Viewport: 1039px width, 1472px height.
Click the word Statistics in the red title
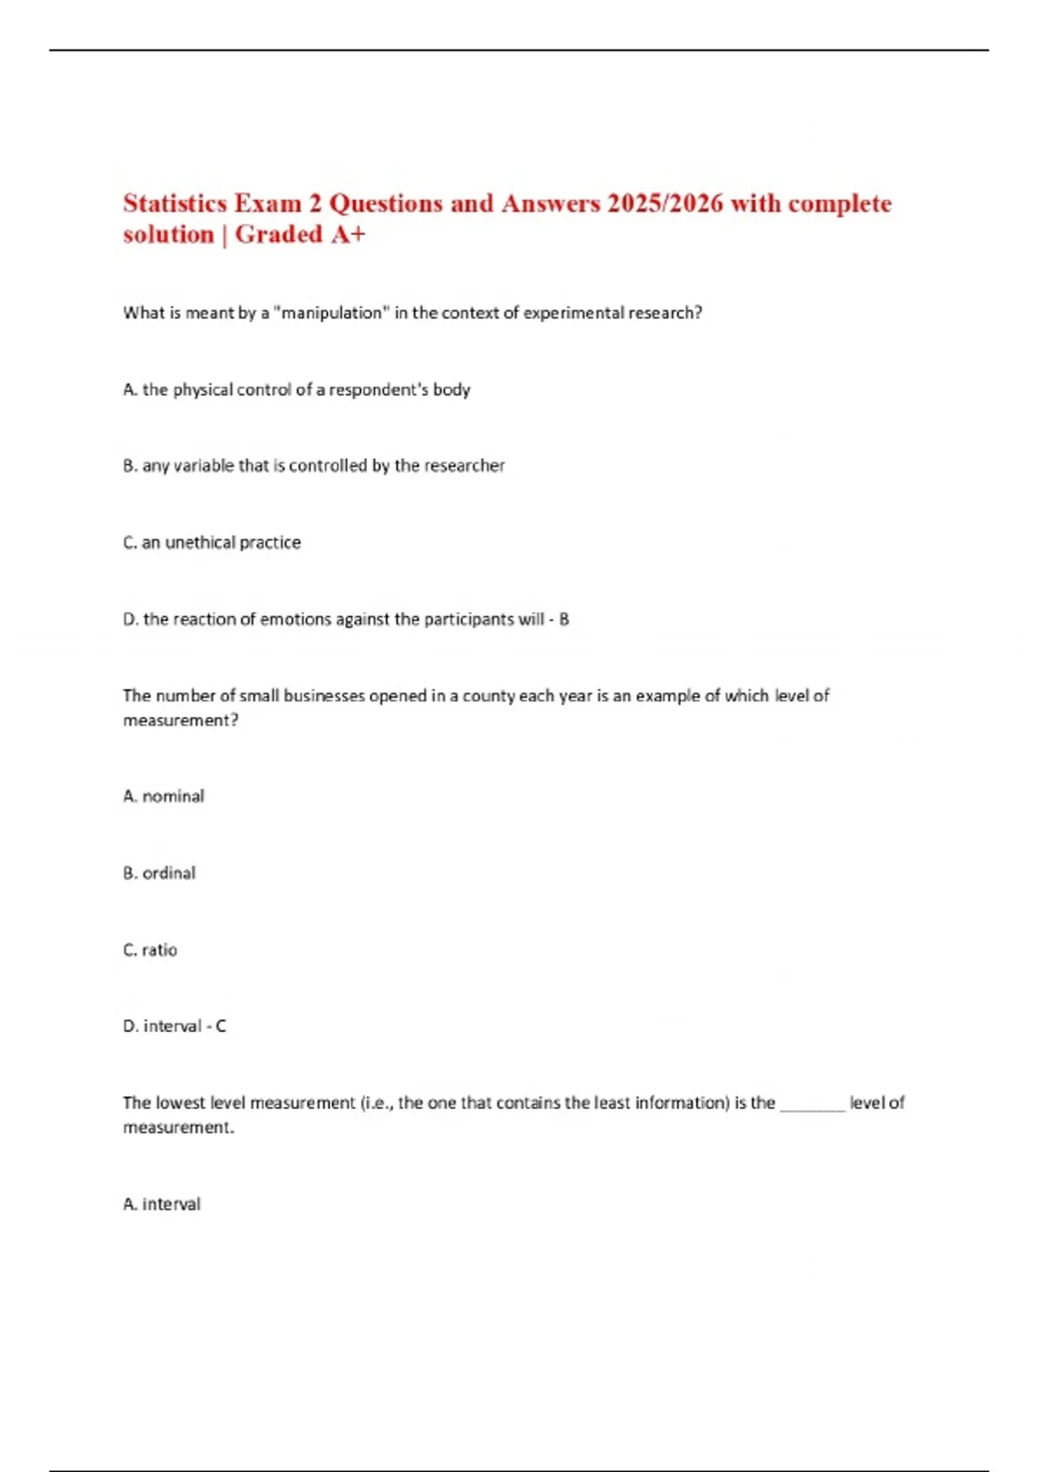pyautogui.click(x=176, y=203)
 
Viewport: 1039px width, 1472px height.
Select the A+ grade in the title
pyautogui.click(x=346, y=235)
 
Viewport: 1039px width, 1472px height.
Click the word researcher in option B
pyautogui.click(x=463, y=466)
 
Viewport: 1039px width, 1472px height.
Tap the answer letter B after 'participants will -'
pyautogui.click(x=565, y=619)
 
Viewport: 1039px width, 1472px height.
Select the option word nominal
pyautogui.click(x=173, y=797)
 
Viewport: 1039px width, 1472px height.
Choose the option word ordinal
pyautogui.click(x=169, y=873)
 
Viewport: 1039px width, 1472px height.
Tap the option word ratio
pyautogui.click(x=159, y=950)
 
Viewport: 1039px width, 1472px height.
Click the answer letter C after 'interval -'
pyautogui.click(x=221, y=1026)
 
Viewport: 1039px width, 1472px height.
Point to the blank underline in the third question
pyautogui.click(x=812, y=1105)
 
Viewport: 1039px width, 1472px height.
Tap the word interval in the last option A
pyautogui.click(x=171, y=1204)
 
